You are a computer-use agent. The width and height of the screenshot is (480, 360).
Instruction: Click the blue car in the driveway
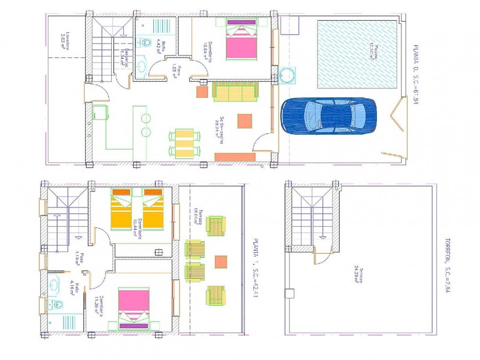pos(328,116)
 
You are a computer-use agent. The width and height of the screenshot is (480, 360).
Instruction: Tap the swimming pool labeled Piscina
pos(357,54)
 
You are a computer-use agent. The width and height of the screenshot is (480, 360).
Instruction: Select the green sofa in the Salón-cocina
pos(236,92)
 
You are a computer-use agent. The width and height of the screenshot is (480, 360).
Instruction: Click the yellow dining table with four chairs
pos(184,143)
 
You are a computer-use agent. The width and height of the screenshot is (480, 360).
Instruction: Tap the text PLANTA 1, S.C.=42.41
pos(255,267)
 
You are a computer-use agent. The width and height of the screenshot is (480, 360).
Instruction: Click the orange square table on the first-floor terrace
pos(221,262)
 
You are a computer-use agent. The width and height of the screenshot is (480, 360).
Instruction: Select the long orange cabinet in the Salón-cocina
pos(235,157)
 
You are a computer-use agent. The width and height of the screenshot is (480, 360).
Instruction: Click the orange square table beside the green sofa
pos(202,92)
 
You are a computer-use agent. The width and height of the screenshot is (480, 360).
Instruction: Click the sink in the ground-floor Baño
pos(141,66)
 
